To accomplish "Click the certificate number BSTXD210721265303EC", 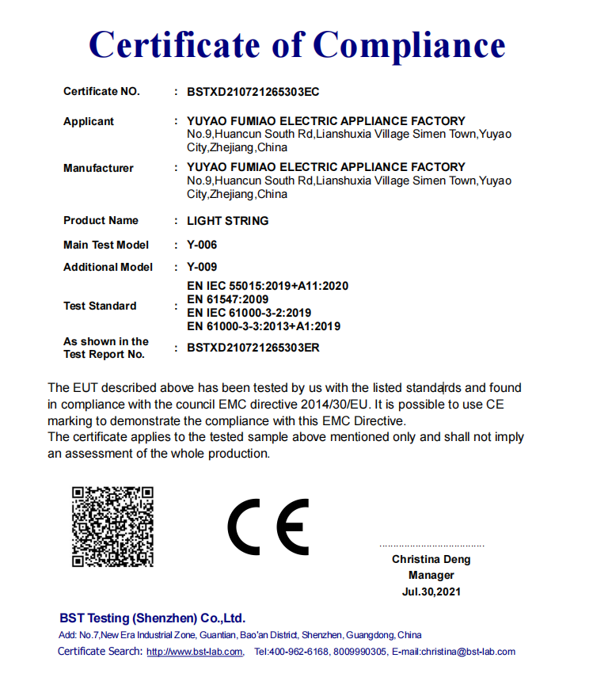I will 253,92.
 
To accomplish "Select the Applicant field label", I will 89,121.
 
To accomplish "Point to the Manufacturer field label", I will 98,168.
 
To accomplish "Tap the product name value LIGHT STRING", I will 227,221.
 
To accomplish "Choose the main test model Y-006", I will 202,245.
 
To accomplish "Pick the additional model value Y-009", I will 202,267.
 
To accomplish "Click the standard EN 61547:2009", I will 227,299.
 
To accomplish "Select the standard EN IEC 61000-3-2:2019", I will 249,313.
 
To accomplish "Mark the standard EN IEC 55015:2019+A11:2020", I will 268,286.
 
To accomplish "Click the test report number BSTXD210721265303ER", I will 253,348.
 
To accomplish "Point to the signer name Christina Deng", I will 431,560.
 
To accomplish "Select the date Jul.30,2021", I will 431,591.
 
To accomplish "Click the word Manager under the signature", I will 431,576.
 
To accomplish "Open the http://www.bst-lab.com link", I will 195,652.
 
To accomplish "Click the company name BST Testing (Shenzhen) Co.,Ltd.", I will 152,618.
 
